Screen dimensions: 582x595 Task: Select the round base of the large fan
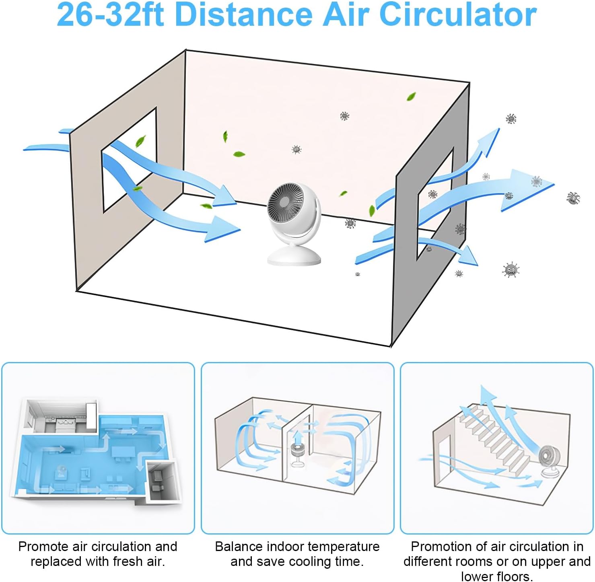pyautogui.click(x=294, y=256)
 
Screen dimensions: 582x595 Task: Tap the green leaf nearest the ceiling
pyautogui.click(x=411, y=97)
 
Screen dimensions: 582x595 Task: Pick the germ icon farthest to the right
pyautogui.click(x=573, y=197)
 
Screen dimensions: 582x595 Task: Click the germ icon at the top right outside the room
pyautogui.click(x=511, y=119)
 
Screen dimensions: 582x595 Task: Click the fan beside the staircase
pyautogui.click(x=549, y=461)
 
